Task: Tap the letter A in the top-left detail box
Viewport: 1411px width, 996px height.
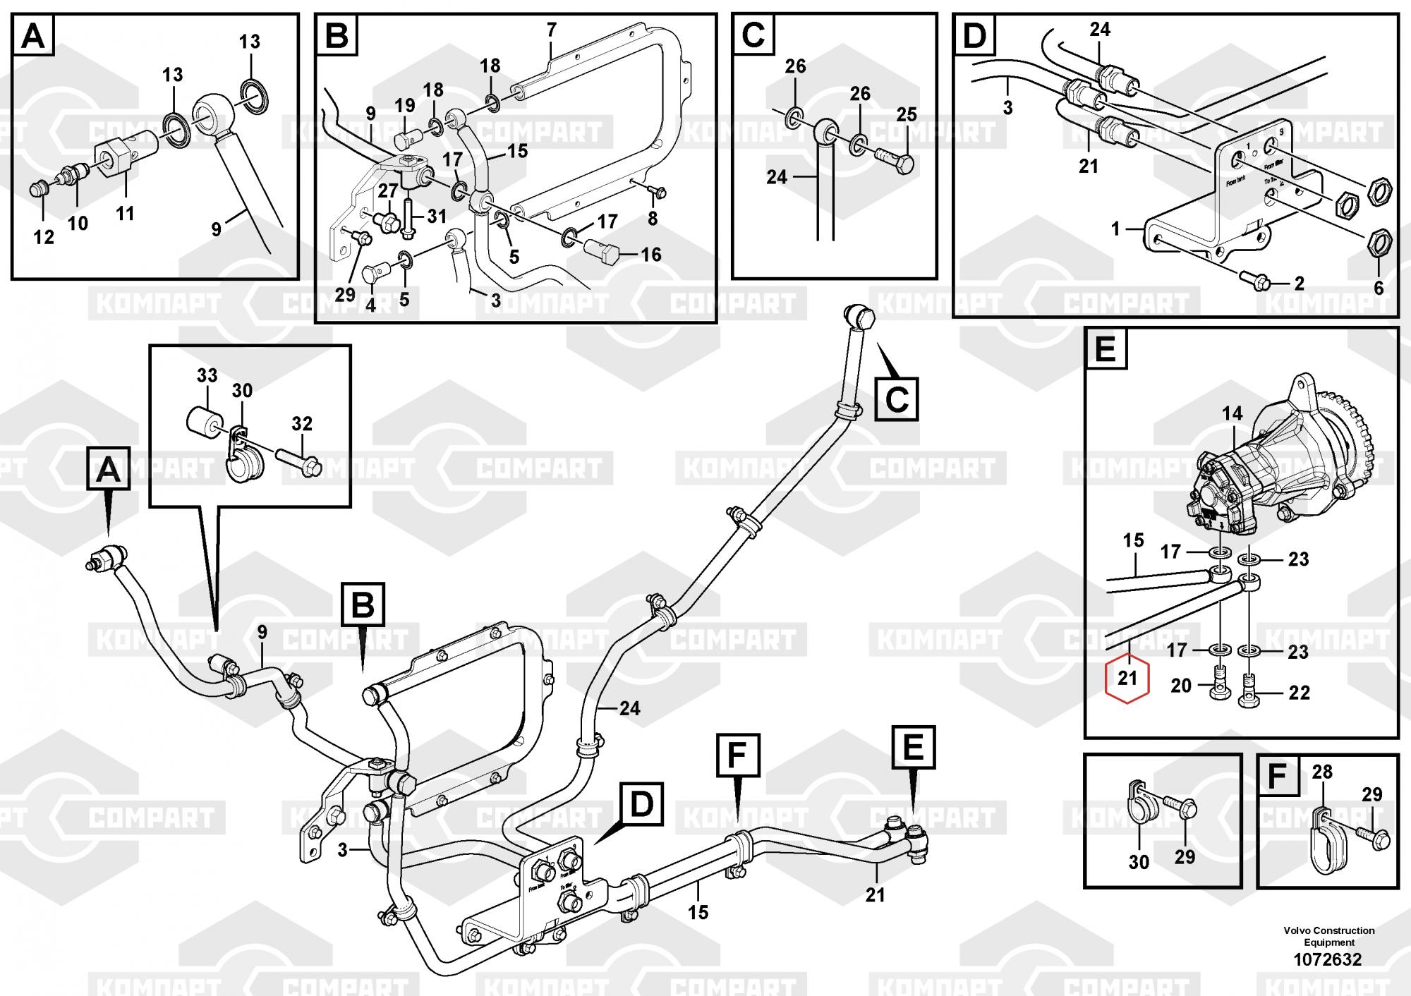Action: click(x=33, y=36)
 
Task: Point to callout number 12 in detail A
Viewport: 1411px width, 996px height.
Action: click(x=44, y=237)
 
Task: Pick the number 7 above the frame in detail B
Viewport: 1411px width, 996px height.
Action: click(x=551, y=30)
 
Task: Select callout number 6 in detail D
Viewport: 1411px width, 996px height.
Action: click(x=1379, y=288)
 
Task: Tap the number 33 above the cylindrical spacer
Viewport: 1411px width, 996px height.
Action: click(x=207, y=375)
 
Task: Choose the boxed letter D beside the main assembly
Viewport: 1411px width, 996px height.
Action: click(x=641, y=805)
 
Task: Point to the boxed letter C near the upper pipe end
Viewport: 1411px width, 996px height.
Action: click(x=897, y=399)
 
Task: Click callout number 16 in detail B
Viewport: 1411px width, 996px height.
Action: click(x=650, y=254)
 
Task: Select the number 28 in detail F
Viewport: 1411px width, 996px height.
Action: click(x=1322, y=772)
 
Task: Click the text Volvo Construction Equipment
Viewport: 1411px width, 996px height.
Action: click(x=1328, y=936)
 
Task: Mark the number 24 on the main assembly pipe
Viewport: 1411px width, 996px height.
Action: click(x=629, y=708)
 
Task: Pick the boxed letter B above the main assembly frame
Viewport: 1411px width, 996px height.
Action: click(x=363, y=604)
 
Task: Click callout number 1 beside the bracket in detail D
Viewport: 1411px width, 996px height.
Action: click(x=1115, y=229)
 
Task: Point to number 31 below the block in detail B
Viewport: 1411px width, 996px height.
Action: click(x=437, y=216)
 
